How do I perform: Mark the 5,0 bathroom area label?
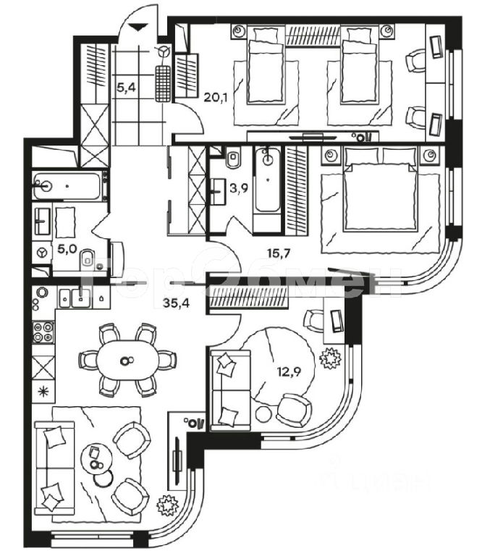click(x=67, y=248)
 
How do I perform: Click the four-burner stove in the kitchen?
click(x=43, y=331)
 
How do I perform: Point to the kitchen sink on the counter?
click(x=72, y=295)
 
